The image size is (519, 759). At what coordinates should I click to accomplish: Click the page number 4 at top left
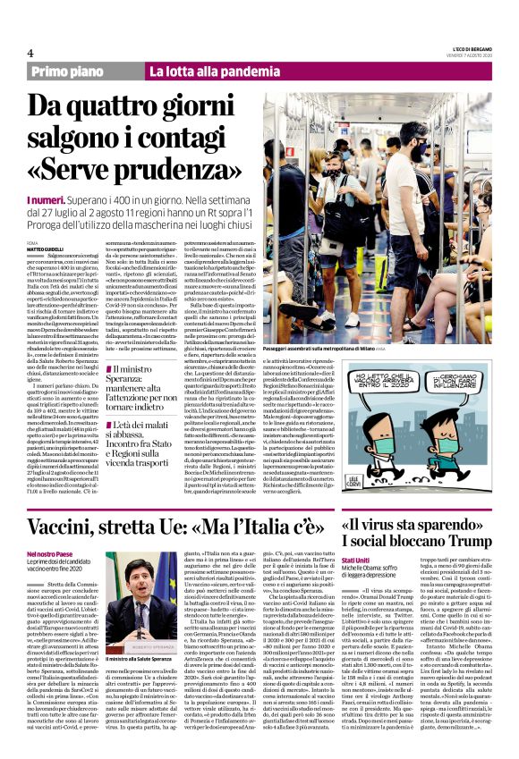coord(18,54)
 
